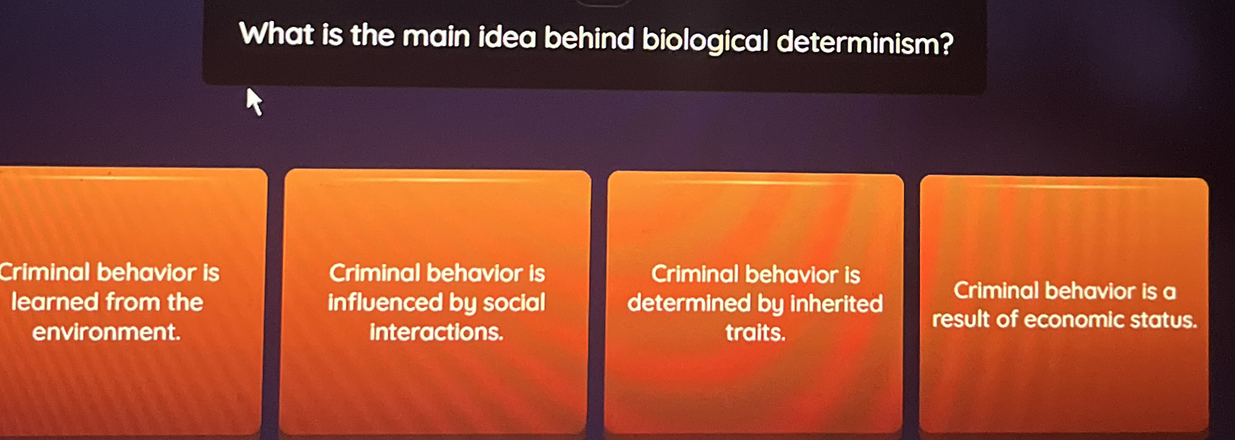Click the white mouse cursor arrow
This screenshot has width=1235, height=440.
point(254,101)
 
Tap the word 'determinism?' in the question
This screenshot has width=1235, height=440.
point(865,43)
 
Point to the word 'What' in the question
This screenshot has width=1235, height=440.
point(277,34)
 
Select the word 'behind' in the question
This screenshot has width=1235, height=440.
point(589,39)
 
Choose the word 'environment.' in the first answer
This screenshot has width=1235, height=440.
point(107,332)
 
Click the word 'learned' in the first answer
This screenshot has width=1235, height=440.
point(55,302)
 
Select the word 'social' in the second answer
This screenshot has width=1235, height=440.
point(513,302)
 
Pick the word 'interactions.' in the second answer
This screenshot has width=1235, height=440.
point(436,332)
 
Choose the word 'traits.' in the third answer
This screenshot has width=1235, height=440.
point(755,332)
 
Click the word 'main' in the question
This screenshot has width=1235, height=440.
point(436,37)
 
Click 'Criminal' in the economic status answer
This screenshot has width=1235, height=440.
point(996,291)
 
